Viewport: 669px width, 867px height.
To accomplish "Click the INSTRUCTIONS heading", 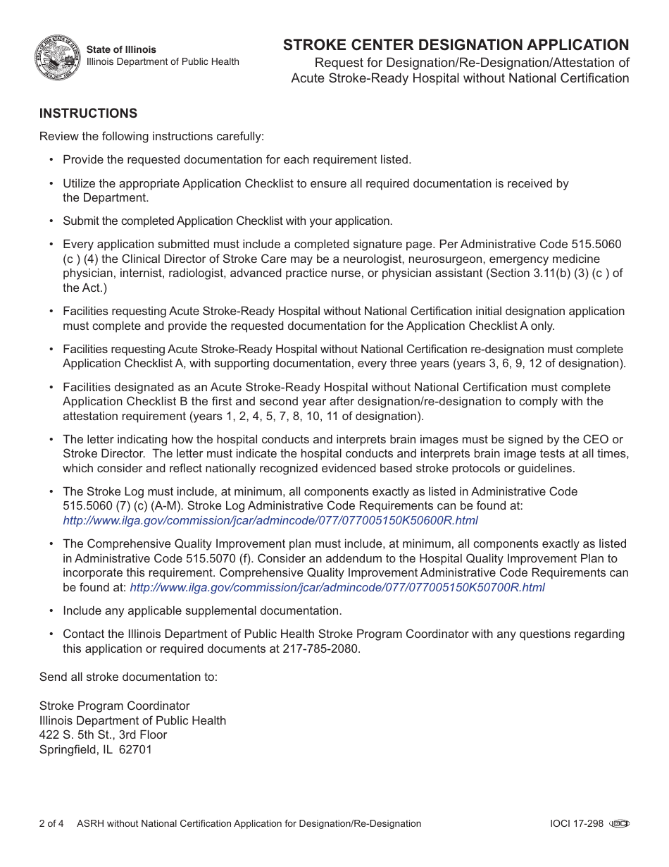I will (x=88, y=113).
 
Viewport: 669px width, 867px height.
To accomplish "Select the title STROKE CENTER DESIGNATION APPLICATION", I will (x=456, y=45).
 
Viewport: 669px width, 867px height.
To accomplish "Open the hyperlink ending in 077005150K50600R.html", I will (x=270, y=520).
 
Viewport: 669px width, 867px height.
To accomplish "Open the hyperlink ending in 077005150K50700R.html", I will (x=337, y=587).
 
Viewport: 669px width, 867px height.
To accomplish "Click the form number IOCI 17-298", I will (x=577, y=823).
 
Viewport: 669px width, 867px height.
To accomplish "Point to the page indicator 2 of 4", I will (x=51, y=823).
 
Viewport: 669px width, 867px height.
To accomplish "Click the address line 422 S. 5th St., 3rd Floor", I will (x=103, y=734).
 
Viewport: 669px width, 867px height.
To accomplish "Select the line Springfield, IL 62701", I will (x=95, y=749).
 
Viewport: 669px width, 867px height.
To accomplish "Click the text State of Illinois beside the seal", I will (x=121, y=49).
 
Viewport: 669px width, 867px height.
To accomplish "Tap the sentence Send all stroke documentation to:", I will (x=128, y=677).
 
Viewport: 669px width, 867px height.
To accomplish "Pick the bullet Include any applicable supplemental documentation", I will (x=202, y=610).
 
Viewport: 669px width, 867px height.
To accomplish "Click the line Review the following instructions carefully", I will (x=151, y=136).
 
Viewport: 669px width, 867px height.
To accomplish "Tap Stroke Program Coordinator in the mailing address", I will (x=114, y=706).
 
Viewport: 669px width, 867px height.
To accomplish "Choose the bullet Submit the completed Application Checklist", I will (x=227, y=221).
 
